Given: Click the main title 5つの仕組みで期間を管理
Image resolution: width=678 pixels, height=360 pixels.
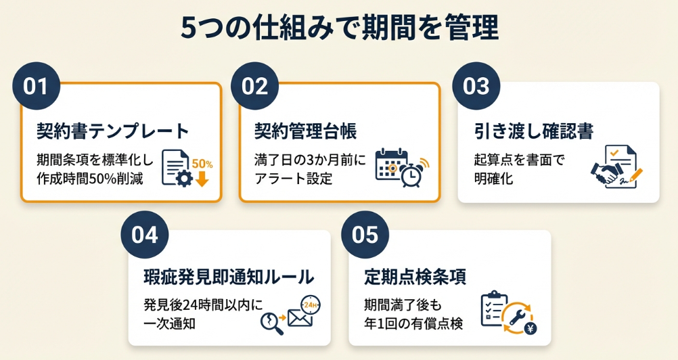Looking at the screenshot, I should pyautogui.click(x=339, y=29).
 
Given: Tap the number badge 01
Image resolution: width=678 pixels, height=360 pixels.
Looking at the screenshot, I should pyautogui.click(x=37, y=87).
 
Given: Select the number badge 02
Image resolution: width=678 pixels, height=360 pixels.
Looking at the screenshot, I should pyautogui.click(x=254, y=87).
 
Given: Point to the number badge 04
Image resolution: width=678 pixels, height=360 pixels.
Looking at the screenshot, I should pyautogui.click(x=144, y=235).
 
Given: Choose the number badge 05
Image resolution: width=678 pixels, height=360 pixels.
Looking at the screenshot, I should pyautogui.click(x=365, y=235).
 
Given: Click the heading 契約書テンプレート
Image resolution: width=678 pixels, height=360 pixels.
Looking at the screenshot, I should pyautogui.click(x=112, y=130).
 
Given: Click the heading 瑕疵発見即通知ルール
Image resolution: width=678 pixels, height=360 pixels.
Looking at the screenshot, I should pyautogui.click(x=229, y=277).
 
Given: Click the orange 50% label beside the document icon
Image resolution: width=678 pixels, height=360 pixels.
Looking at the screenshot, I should pyautogui.click(x=202, y=164).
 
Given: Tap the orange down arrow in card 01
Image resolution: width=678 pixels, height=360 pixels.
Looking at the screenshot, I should pyautogui.click(x=202, y=179).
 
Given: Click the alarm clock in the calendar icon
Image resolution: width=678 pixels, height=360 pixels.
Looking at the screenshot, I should pyautogui.click(x=411, y=175).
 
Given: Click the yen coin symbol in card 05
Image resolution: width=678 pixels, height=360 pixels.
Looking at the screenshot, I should pyautogui.click(x=531, y=330).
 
